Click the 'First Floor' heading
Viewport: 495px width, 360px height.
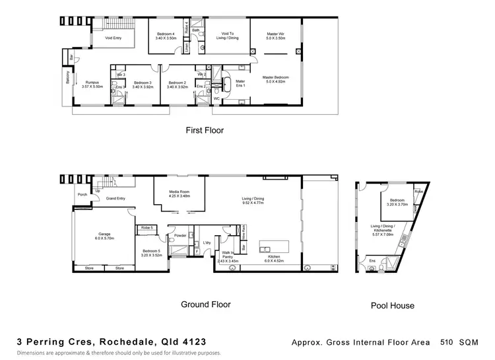[204, 130]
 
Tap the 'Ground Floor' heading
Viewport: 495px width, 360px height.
[205, 305]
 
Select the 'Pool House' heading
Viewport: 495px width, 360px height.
[393, 306]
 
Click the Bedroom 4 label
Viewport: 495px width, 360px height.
[166, 36]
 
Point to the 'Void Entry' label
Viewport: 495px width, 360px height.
[114, 38]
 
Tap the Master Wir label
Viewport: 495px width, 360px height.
[276, 36]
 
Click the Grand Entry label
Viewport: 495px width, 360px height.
[115, 199]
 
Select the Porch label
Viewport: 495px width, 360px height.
[82, 194]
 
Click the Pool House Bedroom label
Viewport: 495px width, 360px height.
[397, 202]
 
